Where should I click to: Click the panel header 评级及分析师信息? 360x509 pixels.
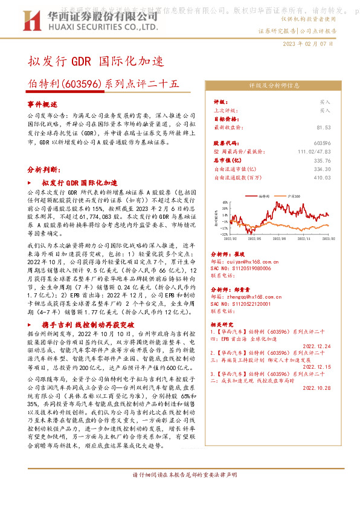pyautogui.click(x=274, y=86)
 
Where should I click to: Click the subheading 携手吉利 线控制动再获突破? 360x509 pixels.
pyautogui.click(x=88, y=324)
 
